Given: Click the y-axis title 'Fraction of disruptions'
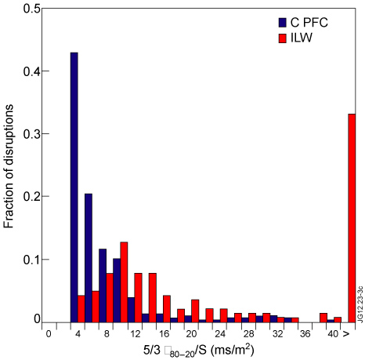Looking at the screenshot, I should pyautogui.click(x=9, y=165).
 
